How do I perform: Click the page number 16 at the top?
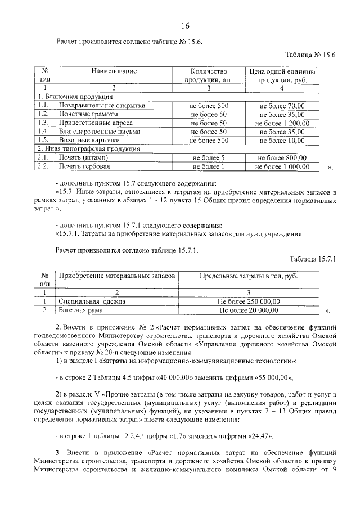(185, 26)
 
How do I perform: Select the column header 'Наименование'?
(114, 71)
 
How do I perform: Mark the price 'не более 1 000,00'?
(282, 167)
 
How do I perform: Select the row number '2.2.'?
(43, 167)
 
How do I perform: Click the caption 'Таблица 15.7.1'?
(312, 259)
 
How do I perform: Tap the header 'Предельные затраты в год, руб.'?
(249, 276)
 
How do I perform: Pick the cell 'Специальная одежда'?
(92, 301)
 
